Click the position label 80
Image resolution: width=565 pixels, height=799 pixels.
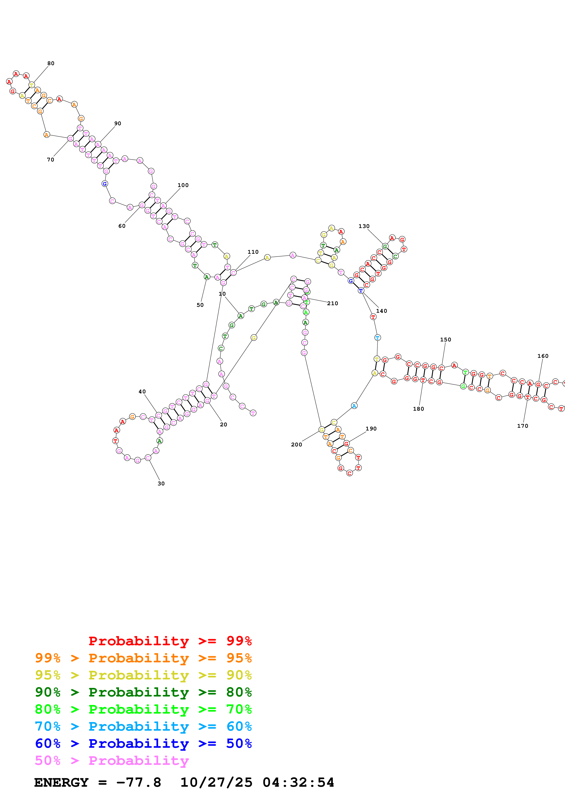(51, 63)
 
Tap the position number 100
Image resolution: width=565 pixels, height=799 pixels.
(183, 185)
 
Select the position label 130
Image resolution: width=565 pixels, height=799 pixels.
(364, 226)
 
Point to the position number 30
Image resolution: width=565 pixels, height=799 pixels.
(161, 483)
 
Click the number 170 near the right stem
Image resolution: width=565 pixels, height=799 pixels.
(523, 426)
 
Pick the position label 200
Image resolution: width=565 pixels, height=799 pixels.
(297, 444)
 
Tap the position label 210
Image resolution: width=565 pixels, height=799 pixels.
(333, 303)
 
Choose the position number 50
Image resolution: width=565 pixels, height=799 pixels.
(200, 305)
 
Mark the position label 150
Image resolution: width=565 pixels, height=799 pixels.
(446, 339)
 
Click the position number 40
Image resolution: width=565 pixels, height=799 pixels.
(142, 392)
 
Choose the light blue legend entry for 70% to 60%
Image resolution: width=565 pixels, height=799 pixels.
(143, 726)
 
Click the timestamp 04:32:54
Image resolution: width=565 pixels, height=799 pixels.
(298, 782)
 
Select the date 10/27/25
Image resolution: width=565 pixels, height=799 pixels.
(216, 782)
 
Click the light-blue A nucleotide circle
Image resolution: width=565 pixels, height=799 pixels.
(354, 406)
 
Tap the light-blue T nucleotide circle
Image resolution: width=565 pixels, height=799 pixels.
(377, 338)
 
